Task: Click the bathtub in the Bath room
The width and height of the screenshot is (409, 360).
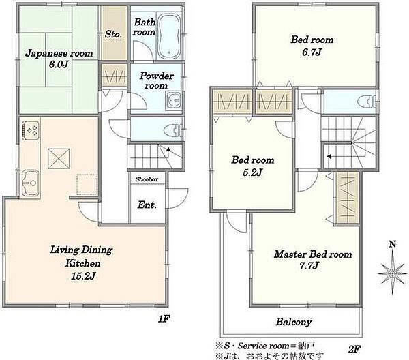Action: tap(169, 35)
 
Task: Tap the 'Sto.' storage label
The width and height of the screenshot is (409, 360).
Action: tap(113, 34)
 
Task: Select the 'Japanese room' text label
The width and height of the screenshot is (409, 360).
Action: tap(59, 53)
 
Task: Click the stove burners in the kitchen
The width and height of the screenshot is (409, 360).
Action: tap(31, 130)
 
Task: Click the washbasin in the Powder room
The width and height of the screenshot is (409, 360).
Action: tap(174, 100)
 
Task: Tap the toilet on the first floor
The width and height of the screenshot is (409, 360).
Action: tap(173, 130)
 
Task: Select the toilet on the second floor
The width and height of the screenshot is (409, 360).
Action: tap(367, 101)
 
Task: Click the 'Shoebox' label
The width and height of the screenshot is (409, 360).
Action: tap(147, 179)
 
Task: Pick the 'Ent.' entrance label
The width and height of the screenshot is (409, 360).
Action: tap(147, 205)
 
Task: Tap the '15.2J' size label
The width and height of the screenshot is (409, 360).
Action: tap(83, 276)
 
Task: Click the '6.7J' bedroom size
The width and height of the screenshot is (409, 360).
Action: tap(312, 52)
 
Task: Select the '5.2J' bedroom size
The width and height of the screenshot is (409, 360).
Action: tap(252, 172)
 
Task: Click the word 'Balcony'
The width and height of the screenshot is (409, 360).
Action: tap(294, 322)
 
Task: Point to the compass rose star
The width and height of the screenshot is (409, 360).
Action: tap(393, 273)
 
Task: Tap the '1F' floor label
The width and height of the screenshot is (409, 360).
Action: tap(164, 318)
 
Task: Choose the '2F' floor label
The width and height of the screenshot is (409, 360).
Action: tap(354, 349)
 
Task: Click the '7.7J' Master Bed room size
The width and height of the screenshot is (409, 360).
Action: tap(309, 265)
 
